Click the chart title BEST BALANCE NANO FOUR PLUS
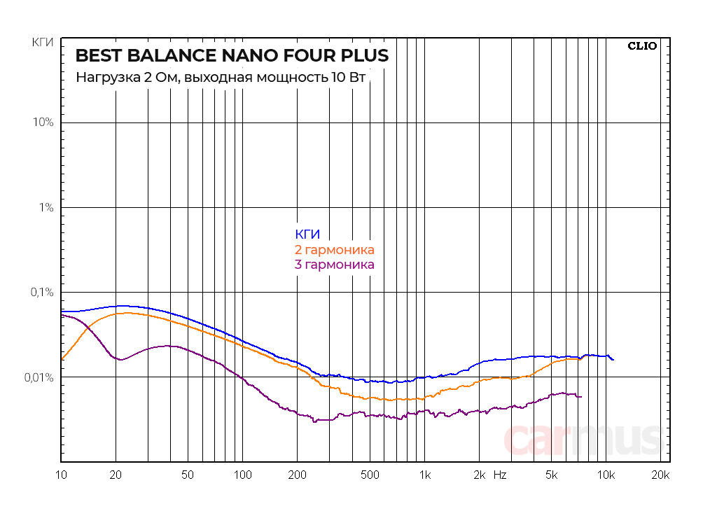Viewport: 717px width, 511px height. coord(232,55)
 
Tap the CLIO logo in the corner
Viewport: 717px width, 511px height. coord(641,46)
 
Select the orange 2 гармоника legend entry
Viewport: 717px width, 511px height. coord(335,250)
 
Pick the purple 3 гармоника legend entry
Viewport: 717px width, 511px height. coord(335,265)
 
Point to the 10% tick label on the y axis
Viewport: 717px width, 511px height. coord(43,122)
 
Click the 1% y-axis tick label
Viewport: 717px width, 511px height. coord(46,207)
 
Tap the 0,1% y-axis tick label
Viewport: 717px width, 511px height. coord(41,292)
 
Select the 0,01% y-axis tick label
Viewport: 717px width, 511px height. coord(38,377)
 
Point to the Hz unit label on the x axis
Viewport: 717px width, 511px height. coord(500,475)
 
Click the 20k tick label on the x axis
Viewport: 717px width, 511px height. coord(660,475)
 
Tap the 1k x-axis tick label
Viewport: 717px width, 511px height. coord(424,475)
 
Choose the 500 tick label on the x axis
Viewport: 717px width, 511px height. coord(369,475)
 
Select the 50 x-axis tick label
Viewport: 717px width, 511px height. coord(187,475)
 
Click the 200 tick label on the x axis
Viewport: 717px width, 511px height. coord(297,475)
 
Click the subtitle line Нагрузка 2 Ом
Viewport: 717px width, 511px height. coord(220,77)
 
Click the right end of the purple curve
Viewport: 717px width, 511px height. coord(580,397)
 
